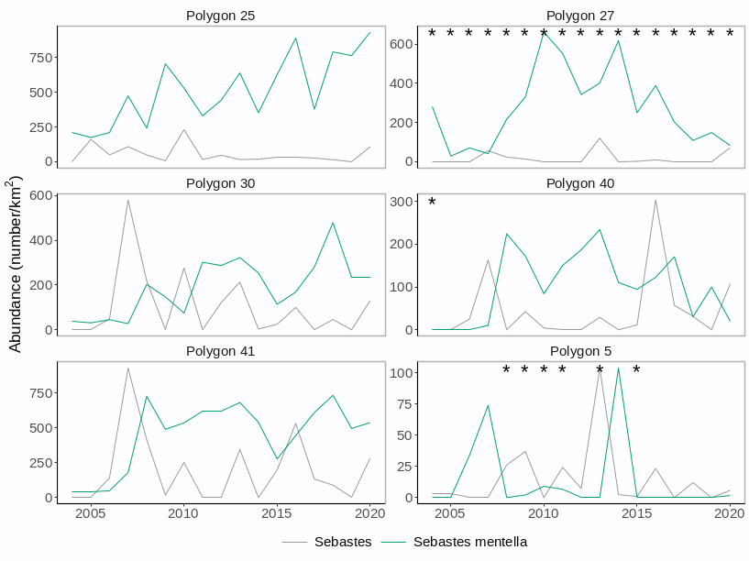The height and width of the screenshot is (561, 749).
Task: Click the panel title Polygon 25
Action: point(220,16)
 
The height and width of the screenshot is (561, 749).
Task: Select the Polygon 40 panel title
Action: point(580,183)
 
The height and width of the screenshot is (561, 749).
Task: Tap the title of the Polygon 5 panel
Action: point(580,351)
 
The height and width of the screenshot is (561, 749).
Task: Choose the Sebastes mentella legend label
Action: point(469,542)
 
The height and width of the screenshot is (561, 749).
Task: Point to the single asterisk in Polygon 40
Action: point(432,203)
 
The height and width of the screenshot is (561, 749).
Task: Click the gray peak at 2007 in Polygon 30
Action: point(127,200)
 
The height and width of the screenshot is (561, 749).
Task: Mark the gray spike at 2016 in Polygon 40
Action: point(655,200)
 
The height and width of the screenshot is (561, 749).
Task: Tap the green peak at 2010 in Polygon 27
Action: point(544,32)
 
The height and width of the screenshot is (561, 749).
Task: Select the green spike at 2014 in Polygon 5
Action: point(619,368)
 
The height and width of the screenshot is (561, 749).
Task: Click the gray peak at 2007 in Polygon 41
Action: point(127,368)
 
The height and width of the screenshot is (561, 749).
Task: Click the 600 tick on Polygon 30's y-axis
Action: point(39,195)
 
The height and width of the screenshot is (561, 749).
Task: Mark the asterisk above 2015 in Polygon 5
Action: point(636,370)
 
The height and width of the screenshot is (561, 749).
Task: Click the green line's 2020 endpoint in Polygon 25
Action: point(370,32)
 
